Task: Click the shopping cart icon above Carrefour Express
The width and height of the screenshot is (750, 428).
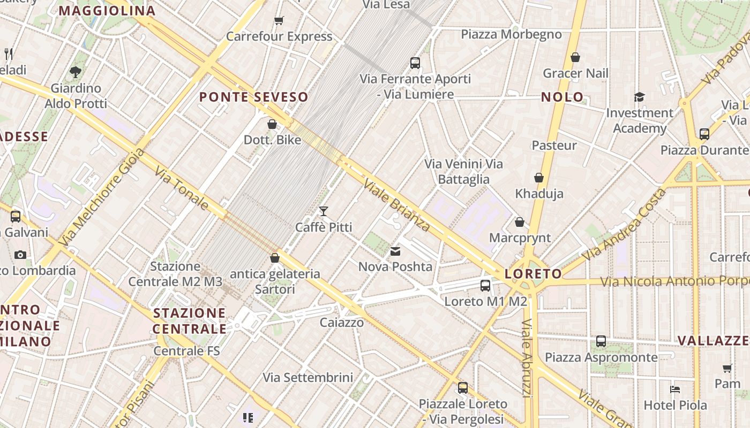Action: (279, 21)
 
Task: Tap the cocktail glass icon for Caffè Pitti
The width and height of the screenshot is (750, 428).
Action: (323, 211)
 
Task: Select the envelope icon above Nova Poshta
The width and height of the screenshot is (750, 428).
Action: (395, 251)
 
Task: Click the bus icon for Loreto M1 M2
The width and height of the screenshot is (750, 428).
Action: (485, 286)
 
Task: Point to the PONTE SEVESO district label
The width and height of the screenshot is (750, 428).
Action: (254, 97)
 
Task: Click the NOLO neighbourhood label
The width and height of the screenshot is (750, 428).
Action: (562, 97)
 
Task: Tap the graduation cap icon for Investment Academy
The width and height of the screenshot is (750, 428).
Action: (640, 97)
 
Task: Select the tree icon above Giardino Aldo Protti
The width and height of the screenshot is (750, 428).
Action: (76, 71)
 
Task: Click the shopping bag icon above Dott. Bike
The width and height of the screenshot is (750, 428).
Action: (272, 124)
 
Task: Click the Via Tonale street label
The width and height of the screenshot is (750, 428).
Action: (182, 188)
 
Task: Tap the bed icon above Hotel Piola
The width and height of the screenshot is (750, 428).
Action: (675, 389)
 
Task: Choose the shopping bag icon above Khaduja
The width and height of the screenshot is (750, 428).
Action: (539, 178)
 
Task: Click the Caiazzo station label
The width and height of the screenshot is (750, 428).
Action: (342, 323)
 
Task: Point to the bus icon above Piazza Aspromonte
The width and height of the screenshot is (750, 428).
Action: (601, 341)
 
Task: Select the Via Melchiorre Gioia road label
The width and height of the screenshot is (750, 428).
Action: (101, 197)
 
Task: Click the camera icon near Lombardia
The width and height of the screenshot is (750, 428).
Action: (20, 255)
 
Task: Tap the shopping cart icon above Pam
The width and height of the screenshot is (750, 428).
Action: (727, 368)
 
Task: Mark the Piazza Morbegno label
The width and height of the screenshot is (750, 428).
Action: (511, 35)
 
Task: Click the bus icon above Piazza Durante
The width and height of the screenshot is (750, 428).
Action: (704, 134)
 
